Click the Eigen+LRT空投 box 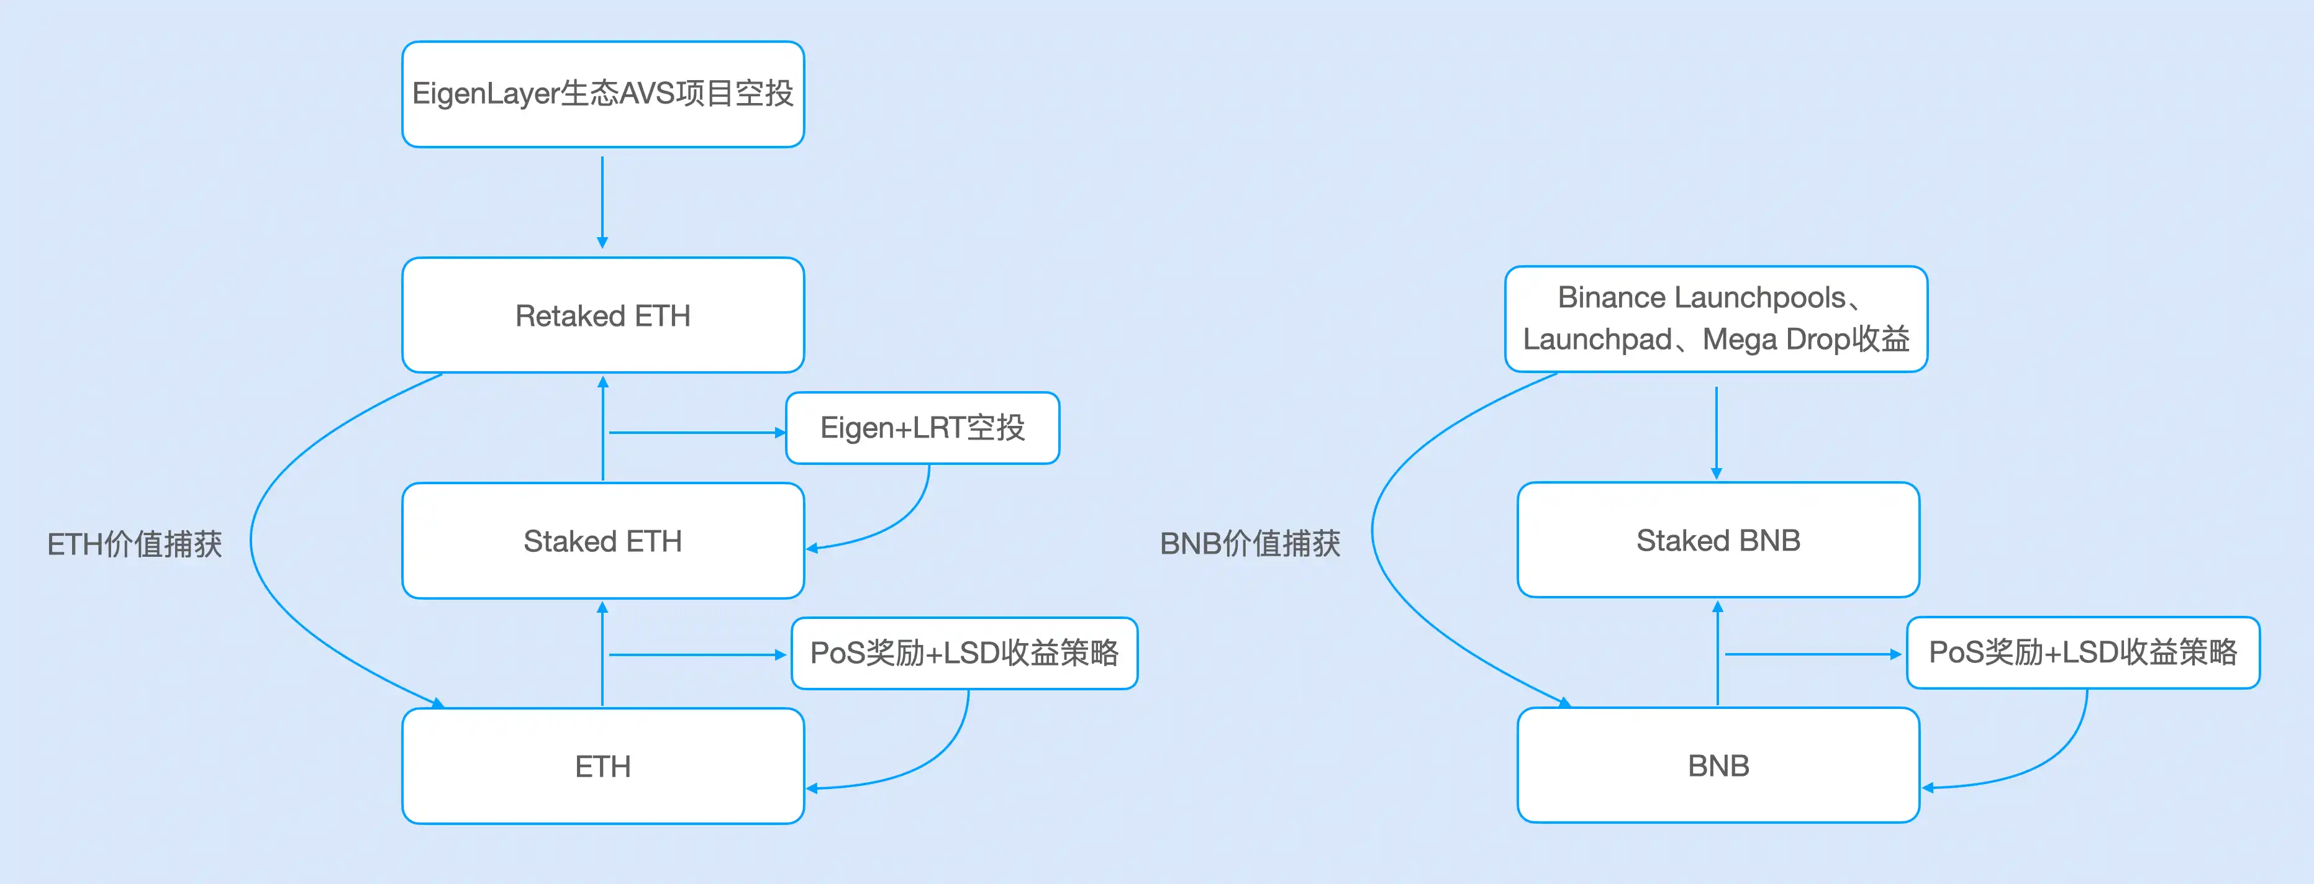click(x=922, y=428)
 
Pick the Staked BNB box click(x=1718, y=540)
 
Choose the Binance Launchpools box click(x=1716, y=319)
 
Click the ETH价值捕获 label click(x=135, y=544)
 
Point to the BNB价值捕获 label click(x=1250, y=544)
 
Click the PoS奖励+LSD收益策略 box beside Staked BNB click(x=2082, y=652)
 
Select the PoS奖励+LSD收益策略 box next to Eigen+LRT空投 click(x=964, y=653)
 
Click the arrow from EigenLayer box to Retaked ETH click(x=602, y=202)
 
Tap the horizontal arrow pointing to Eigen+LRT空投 click(x=696, y=432)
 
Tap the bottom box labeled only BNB click(x=1718, y=765)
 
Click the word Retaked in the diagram click(x=569, y=316)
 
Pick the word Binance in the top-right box click(x=1612, y=297)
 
